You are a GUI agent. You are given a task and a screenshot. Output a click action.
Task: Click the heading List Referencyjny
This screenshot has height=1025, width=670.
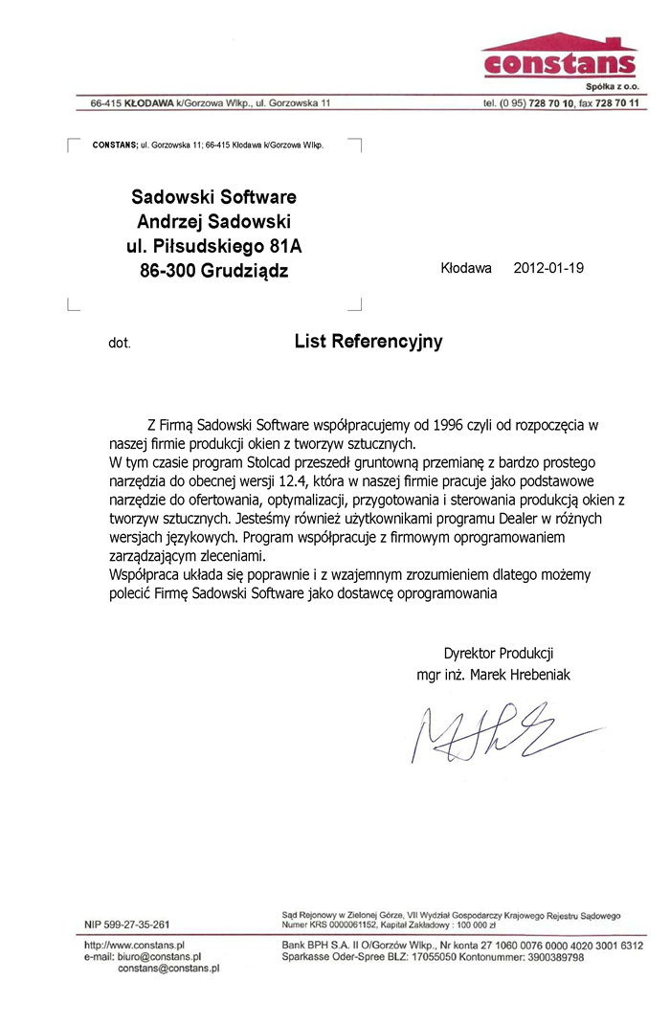tap(368, 341)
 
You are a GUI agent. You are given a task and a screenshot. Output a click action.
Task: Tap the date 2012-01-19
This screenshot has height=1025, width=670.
tap(548, 268)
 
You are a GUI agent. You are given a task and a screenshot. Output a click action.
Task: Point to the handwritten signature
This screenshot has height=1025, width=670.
tap(480, 732)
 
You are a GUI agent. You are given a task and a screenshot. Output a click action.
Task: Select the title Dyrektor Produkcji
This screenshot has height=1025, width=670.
tap(499, 654)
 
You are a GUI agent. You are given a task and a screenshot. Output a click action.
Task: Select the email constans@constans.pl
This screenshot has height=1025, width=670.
tap(168, 968)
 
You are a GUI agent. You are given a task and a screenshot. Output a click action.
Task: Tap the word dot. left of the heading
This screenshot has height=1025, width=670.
tap(118, 343)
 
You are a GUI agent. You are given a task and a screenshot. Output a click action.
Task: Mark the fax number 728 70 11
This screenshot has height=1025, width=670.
tap(617, 102)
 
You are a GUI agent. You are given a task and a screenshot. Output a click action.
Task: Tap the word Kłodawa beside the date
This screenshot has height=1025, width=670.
tap(466, 268)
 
